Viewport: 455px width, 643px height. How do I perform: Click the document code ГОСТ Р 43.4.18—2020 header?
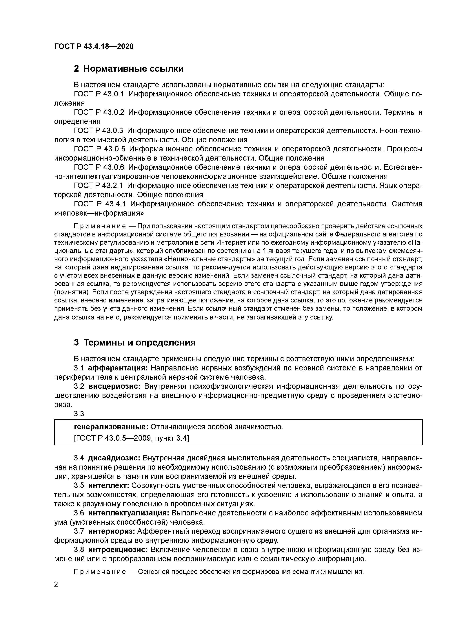point(94,47)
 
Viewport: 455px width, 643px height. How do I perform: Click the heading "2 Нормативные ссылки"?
point(129,69)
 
